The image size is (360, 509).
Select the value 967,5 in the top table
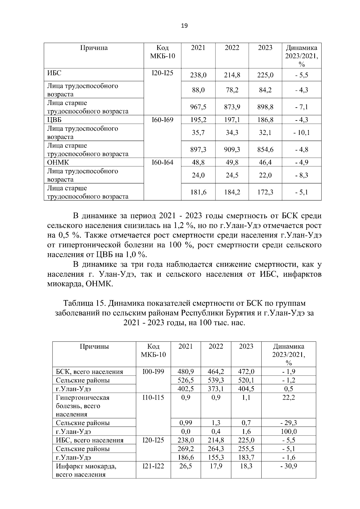point(198,107)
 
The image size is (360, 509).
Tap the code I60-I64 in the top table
point(162,162)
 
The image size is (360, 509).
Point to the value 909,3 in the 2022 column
point(232,150)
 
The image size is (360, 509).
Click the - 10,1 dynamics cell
point(301,132)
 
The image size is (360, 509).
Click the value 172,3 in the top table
point(265,192)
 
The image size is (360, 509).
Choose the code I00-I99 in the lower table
point(153,372)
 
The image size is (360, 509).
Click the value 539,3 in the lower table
point(216,380)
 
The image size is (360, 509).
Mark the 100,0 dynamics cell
point(288,432)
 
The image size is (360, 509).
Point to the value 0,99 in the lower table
point(185,423)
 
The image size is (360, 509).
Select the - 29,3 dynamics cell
point(288,423)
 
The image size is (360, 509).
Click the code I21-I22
point(153,466)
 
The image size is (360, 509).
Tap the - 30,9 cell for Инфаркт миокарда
point(288,466)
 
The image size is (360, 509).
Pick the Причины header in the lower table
point(94,347)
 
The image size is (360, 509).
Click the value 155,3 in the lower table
point(216,457)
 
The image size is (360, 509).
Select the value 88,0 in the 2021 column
point(198,90)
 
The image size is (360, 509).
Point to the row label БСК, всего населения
point(89,372)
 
